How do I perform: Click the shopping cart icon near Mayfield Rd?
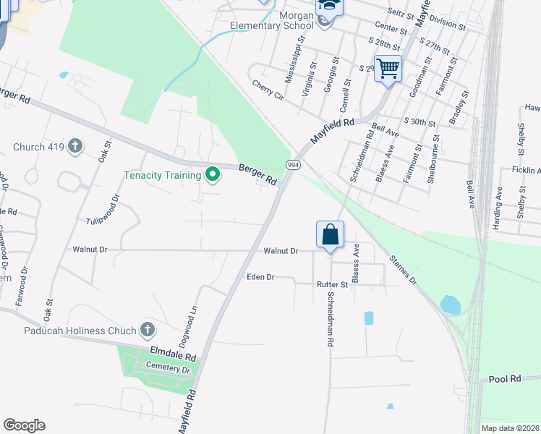coord(388,69)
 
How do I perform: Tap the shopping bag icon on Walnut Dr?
coord(330,234)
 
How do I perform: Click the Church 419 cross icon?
coord(75,147)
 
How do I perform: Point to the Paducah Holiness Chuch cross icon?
coord(147,331)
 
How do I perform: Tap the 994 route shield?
coord(292,165)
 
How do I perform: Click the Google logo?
coord(24,425)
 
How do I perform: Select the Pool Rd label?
coord(505,379)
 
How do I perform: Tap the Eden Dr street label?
coord(260,277)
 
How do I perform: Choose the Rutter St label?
coord(333,285)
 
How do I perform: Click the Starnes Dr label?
coord(403,270)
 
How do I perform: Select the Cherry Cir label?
coord(267,84)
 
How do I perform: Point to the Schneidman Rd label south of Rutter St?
coord(330,323)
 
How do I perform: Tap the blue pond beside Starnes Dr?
coord(449,305)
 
